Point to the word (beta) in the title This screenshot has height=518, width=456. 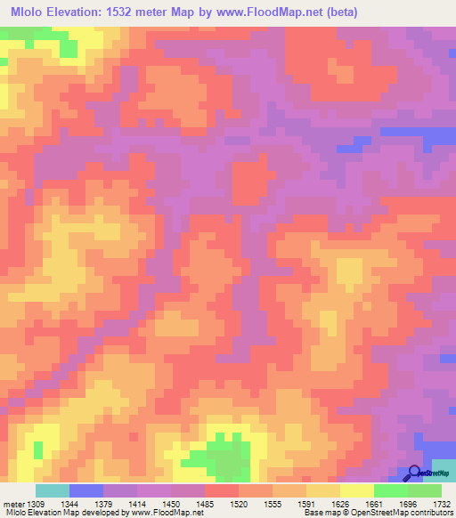[363, 12]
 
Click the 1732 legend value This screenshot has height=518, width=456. [443, 503]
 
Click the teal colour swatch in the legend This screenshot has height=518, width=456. [52, 490]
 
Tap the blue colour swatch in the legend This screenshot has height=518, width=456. [85, 490]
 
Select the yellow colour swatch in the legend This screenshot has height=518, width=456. [356, 490]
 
